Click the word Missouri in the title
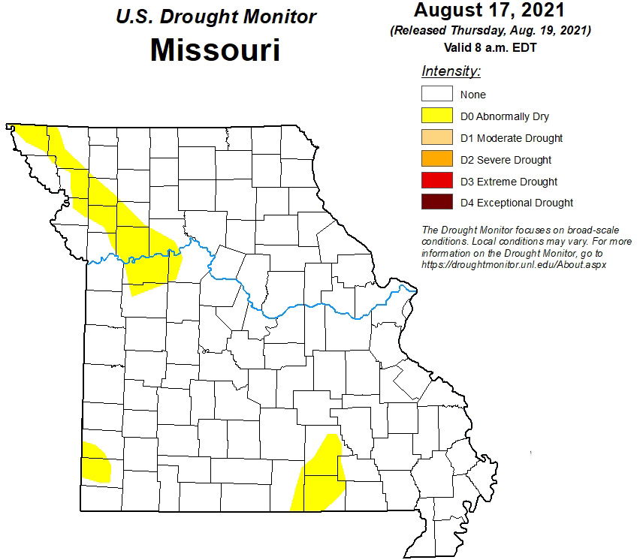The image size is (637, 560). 215,50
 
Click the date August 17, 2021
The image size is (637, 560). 490,11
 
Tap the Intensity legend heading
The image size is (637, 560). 451,72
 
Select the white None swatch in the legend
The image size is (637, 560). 436,95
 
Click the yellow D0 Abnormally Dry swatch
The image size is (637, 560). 436,116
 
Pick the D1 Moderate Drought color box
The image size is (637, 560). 436,138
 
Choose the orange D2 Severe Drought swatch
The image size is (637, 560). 436,159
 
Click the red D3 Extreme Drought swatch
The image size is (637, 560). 436,181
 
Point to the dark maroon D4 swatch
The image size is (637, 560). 436,203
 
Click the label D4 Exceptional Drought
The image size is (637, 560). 516,203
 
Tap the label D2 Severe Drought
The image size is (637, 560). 506,160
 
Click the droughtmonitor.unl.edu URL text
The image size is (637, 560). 514,265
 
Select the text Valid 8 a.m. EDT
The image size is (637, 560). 490,47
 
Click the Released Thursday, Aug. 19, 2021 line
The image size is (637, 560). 490,31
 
